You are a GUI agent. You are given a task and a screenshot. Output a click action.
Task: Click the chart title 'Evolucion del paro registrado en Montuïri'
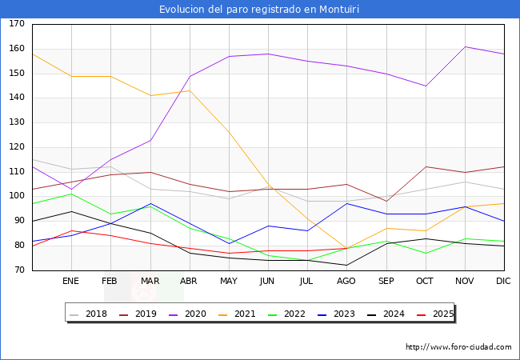pyautogui.click(x=260, y=10)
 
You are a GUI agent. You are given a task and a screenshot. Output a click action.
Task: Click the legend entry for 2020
pyautogui.click(x=199, y=314)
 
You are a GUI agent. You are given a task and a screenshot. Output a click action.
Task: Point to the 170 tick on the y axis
pyautogui.click(x=17, y=24)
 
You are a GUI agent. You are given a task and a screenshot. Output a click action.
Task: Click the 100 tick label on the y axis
pyautogui.click(x=17, y=197)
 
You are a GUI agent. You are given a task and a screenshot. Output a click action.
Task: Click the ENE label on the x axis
pyautogui.click(x=71, y=282)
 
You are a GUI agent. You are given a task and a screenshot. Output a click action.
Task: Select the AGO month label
pyautogui.click(x=347, y=282)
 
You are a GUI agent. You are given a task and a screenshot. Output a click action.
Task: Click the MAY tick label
pyautogui.click(x=229, y=282)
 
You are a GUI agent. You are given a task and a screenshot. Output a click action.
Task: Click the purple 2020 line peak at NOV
pyautogui.click(x=465, y=46)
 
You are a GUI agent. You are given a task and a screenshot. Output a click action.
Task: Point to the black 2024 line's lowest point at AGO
pyautogui.click(x=347, y=265)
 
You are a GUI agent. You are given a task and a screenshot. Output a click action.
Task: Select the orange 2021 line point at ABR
pyautogui.click(x=190, y=90)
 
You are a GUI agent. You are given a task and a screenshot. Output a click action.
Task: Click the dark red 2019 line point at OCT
pyautogui.click(x=426, y=166)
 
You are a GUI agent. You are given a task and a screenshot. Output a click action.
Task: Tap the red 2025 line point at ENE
pyautogui.click(x=71, y=230)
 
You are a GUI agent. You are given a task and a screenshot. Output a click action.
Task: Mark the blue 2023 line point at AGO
pyautogui.click(x=347, y=203)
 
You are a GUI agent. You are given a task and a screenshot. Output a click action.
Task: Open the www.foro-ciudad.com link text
pyautogui.click(x=458, y=347)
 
